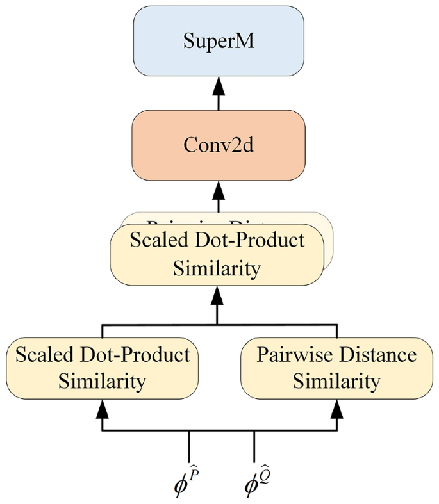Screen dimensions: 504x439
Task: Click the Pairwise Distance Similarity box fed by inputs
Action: tap(337, 368)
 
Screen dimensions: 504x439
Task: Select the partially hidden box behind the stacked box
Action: tap(327, 224)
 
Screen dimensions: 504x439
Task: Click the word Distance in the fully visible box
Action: tap(380, 354)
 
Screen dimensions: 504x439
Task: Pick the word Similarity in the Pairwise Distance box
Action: tap(337, 382)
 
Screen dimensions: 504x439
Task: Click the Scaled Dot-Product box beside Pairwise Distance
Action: tap(101, 368)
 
